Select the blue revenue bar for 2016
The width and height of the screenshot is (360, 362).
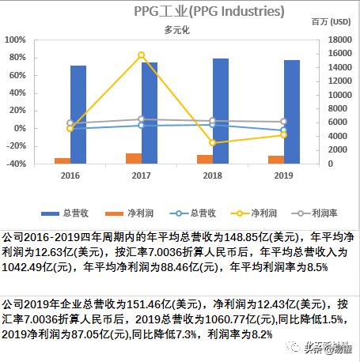78,115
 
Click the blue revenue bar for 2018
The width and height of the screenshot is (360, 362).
221,111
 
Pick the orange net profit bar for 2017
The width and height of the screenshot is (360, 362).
134,159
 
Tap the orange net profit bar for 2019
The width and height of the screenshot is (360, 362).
276,160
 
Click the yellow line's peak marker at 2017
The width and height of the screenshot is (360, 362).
142,55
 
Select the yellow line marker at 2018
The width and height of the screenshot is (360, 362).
213,143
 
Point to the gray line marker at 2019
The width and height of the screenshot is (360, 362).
284,122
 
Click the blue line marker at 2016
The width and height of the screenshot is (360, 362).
70,128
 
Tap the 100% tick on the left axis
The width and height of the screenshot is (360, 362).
16,40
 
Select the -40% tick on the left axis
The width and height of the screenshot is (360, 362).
16,164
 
